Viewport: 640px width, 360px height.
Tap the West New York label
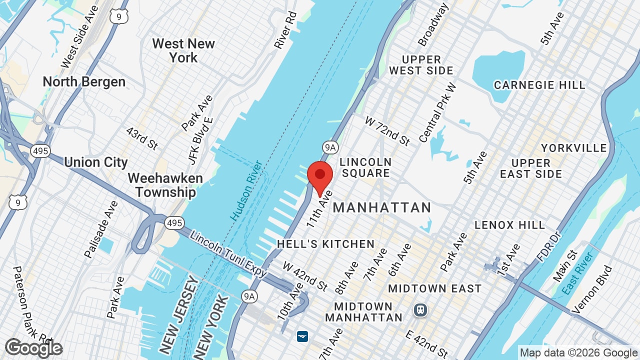click(x=183, y=50)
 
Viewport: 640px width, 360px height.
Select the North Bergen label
click(x=84, y=81)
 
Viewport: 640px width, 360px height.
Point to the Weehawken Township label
click(x=165, y=185)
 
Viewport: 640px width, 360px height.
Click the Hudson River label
click(x=246, y=190)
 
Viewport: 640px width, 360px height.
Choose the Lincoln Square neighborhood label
click(x=365, y=167)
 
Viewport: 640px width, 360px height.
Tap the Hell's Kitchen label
click(x=325, y=244)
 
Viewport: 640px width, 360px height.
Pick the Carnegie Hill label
click(x=539, y=85)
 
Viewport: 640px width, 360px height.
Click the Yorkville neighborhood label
click(x=574, y=148)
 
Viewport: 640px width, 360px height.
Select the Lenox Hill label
click(x=510, y=225)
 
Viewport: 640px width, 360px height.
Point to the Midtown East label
click(x=434, y=288)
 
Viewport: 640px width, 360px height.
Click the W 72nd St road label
click(x=387, y=131)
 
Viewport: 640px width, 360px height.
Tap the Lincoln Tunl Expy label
click(x=228, y=255)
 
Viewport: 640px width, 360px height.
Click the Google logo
click(x=33, y=348)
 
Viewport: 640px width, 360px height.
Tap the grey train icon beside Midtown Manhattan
click(x=420, y=310)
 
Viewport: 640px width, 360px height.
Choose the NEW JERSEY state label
click(x=179, y=315)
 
